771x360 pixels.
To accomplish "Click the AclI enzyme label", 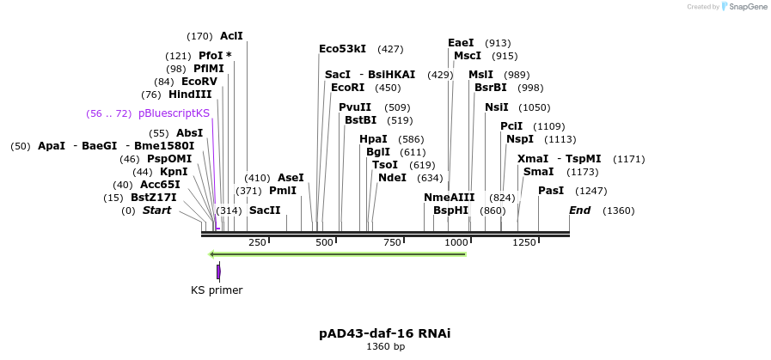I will tap(231, 36).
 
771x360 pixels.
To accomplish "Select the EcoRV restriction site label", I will tap(199, 82).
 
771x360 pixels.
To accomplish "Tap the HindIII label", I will tap(190, 95).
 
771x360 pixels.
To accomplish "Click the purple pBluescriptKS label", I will tap(174, 113).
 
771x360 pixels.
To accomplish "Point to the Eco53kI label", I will tap(342, 49).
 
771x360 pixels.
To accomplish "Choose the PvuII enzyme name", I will tap(355, 107).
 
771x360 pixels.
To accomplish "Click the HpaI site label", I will tap(373, 139).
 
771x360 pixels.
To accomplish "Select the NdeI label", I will tap(392, 178).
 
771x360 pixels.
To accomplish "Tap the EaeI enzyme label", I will tap(461, 43).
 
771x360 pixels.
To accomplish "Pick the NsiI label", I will tap(497, 107).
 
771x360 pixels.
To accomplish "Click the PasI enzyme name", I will tap(551, 191).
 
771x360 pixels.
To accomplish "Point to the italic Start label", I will tap(156, 211).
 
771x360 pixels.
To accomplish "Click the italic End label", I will tap(579, 211).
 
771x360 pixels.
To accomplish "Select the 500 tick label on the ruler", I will tap(324, 243).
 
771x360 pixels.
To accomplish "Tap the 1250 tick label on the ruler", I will tap(524, 243).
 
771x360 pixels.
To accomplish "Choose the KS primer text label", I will tap(217, 290).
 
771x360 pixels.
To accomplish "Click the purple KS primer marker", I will tap(218, 272).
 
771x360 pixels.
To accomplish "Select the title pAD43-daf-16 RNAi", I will tap(384, 333).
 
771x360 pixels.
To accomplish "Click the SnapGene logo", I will tap(743, 6).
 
